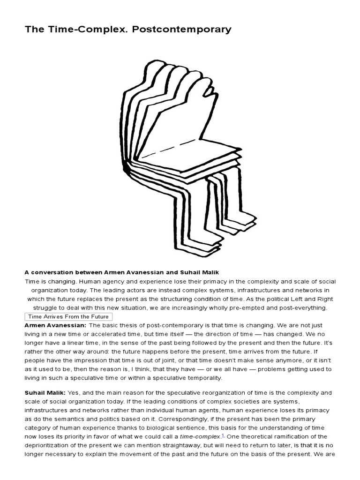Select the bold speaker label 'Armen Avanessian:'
(55, 325)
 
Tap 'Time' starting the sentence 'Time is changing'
(32, 281)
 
